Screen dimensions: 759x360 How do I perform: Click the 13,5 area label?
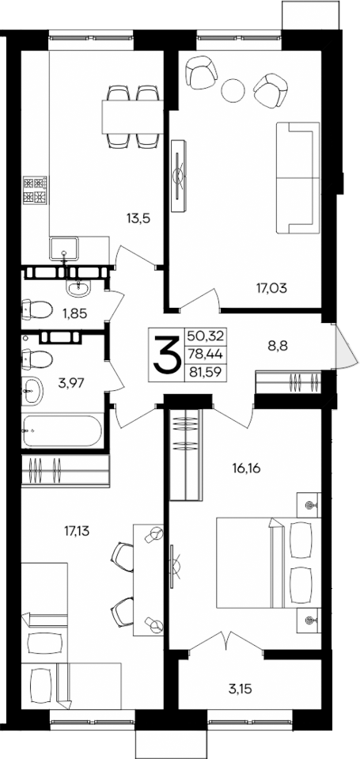(x=139, y=215)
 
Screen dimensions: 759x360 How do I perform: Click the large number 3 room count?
(x=167, y=354)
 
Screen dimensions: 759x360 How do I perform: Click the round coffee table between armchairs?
(x=233, y=89)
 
